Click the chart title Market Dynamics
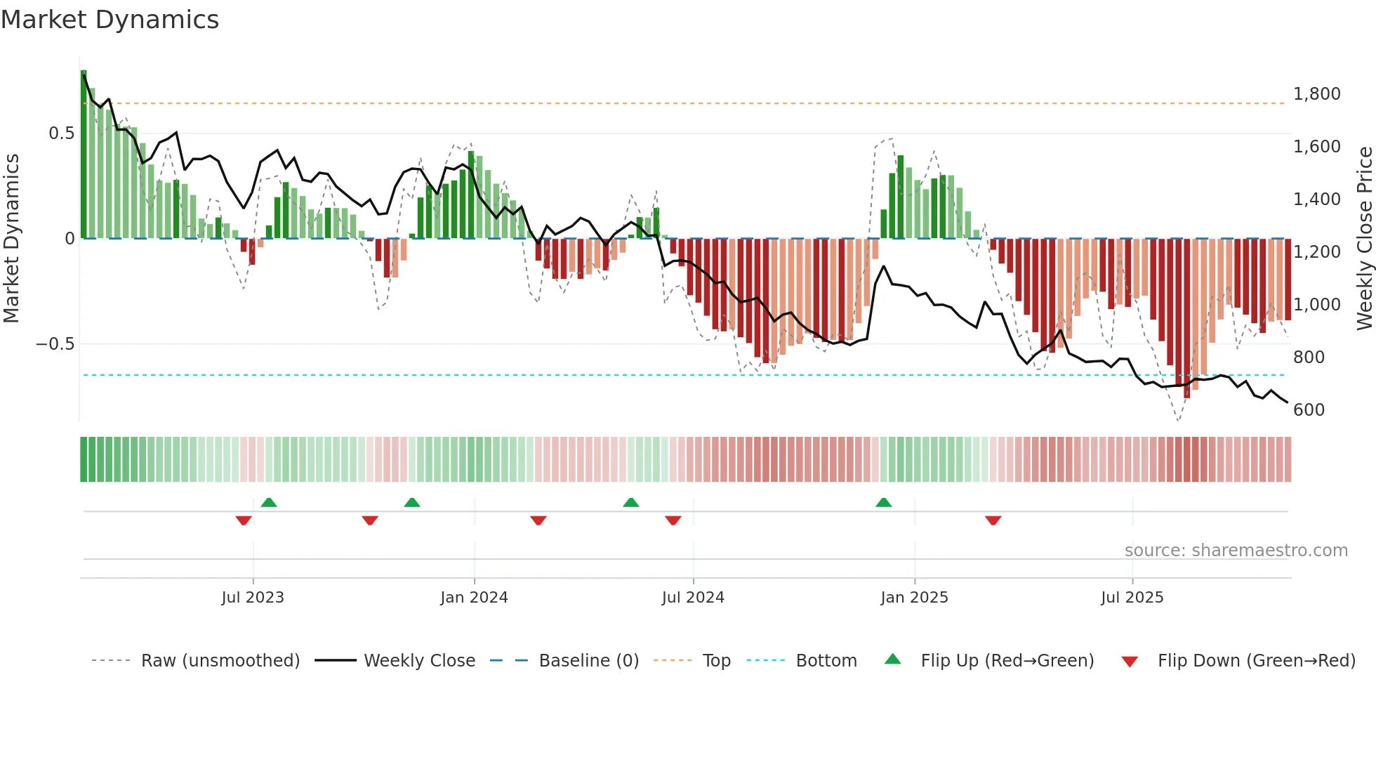point(110,20)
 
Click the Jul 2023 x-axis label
point(253,598)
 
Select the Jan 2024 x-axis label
point(474,598)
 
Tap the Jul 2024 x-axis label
point(693,598)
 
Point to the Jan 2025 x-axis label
point(914,598)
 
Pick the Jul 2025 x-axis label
point(1132,598)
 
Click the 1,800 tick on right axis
point(1316,94)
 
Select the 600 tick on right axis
point(1309,410)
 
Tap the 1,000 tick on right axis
point(1316,305)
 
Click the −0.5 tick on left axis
point(55,344)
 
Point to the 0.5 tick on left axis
point(61,133)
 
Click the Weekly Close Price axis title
point(1364,238)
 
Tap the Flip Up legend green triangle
point(892,659)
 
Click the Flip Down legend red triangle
point(1130,662)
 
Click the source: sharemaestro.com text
point(1236,551)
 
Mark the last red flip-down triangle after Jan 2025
point(993,520)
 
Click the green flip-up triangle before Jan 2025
point(883,502)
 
